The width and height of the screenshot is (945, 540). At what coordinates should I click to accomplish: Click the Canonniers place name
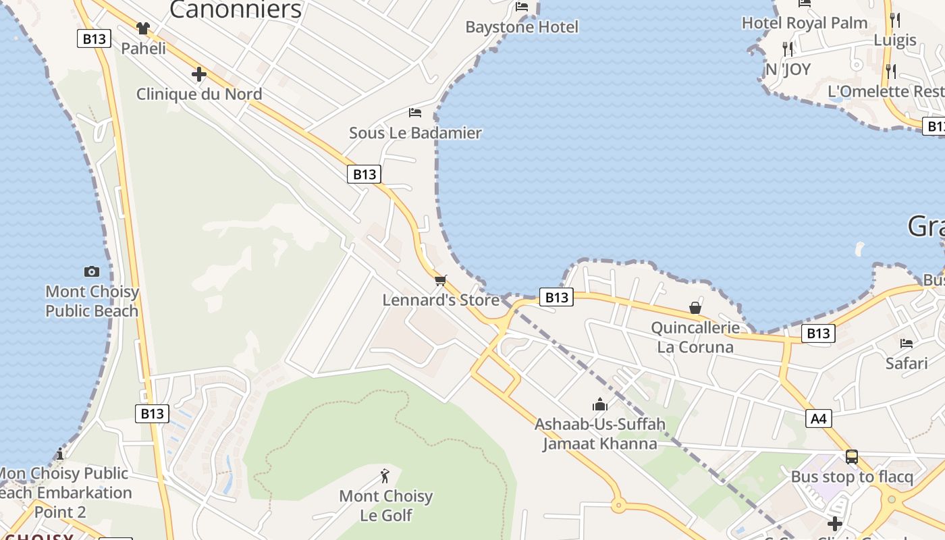[x=236, y=9]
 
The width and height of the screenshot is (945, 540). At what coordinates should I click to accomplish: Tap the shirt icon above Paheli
[x=143, y=28]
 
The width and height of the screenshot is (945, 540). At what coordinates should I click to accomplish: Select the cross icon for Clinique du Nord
[x=198, y=74]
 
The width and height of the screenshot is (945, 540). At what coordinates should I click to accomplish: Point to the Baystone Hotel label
[x=522, y=27]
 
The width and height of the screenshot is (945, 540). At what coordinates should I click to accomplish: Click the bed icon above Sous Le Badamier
[x=415, y=112]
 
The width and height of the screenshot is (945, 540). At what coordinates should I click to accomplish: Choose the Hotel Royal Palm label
[x=805, y=23]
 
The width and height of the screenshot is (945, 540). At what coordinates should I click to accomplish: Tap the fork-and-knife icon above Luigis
[x=895, y=20]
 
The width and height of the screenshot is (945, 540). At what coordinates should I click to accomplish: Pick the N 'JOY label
[x=788, y=69]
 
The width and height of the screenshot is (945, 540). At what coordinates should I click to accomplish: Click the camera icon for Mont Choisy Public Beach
[x=92, y=271]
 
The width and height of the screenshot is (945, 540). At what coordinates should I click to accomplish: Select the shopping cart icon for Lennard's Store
[x=441, y=279]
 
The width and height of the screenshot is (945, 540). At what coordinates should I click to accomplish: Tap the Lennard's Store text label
[x=441, y=300]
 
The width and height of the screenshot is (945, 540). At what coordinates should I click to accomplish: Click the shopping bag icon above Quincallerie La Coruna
[x=695, y=308]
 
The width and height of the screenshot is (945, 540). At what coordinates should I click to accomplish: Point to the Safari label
[x=907, y=363]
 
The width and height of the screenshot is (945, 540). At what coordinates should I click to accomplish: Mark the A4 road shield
[x=818, y=419]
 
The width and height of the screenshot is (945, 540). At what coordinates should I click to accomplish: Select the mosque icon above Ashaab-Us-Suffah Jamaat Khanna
[x=599, y=404]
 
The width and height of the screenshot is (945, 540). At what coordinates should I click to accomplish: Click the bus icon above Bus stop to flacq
[x=852, y=456]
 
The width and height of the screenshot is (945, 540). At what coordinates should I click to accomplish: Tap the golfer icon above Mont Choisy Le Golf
[x=385, y=476]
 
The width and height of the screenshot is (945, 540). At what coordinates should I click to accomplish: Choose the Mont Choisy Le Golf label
[x=385, y=506]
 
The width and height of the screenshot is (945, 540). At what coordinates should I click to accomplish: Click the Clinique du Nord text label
[x=199, y=94]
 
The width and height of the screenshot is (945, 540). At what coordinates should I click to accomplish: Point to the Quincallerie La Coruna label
[x=695, y=337]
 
